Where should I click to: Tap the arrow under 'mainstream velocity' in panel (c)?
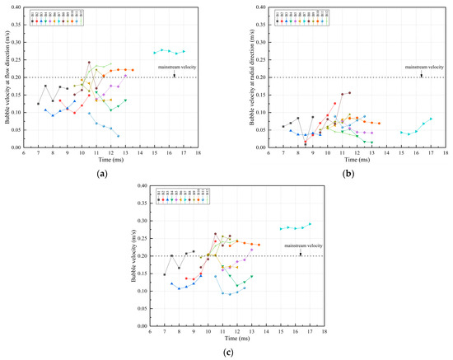301,254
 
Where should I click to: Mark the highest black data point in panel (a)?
89,62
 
